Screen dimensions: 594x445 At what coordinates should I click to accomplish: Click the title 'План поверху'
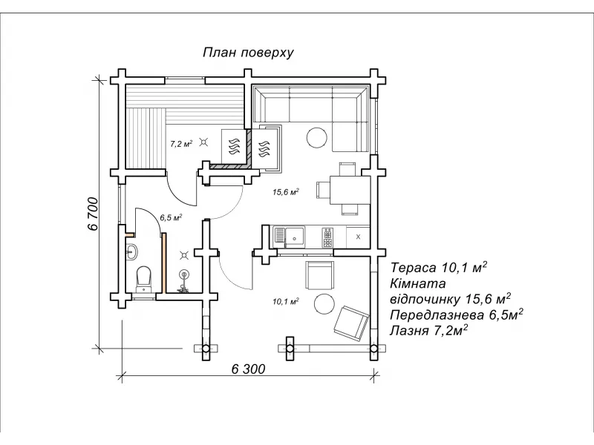[x=248, y=53]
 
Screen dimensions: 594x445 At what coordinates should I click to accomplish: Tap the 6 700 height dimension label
[x=94, y=214]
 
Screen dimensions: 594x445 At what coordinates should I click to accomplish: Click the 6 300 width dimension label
[x=248, y=369]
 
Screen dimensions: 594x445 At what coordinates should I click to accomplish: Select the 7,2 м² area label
[x=181, y=143]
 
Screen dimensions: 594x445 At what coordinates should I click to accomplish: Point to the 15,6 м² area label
[x=286, y=192]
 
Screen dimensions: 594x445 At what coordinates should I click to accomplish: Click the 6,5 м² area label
[x=171, y=217]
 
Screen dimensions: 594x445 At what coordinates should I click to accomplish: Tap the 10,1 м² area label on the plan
[x=286, y=302]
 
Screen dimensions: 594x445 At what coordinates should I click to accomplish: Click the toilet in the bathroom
[x=143, y=280]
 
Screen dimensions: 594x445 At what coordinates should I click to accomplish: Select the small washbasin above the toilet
[x=132, y=251]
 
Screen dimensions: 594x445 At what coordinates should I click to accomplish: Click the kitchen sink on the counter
[x=295, y=237]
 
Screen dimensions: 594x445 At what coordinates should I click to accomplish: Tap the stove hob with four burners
[x=327, y=237]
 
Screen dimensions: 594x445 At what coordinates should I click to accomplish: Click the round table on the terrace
[x=324, y=303]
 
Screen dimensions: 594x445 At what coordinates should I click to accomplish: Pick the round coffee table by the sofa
[x=316, y=138]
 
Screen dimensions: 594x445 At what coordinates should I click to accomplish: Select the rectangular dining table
[x=350, y=190]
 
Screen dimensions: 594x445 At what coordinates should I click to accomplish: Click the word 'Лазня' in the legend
[x=409, y=331]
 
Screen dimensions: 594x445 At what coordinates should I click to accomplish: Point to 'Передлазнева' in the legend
[x=437, y=314]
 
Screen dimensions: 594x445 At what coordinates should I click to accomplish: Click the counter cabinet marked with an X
[x=358, y=237]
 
